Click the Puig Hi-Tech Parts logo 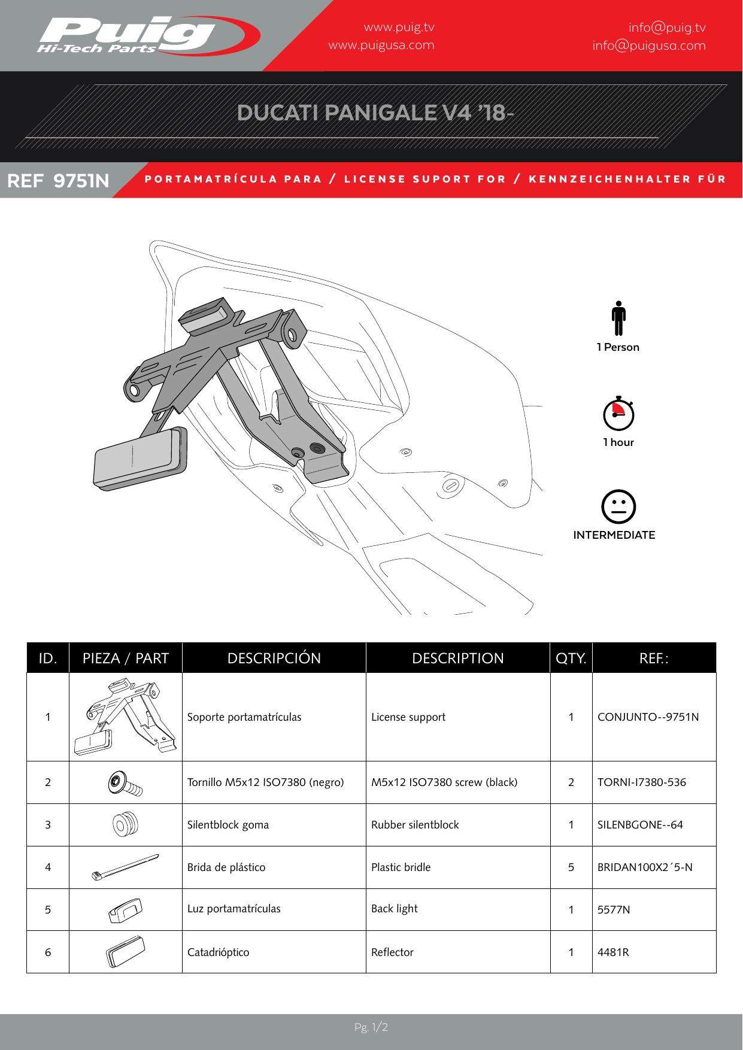[x=147, y=36]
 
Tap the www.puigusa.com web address [x=381, y=45]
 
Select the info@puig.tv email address [x=667, y=28]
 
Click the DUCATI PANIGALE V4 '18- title [x=375, y=113]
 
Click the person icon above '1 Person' [x=618, y=318]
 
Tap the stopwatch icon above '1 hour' [x=618, y=414]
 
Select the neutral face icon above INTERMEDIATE [x=618, y=508]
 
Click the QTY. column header [x=571, y=658]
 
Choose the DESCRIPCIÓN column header [x=274, y=658]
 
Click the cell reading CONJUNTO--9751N [x=648, y=717]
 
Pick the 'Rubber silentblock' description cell [x=415, y=825]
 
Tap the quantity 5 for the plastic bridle [x=571, y=867]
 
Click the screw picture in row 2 [x=125, y=783]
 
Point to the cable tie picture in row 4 [x=125, y=867]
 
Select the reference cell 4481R [x=613, y=952]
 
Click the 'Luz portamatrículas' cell [x=234, y=909]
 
